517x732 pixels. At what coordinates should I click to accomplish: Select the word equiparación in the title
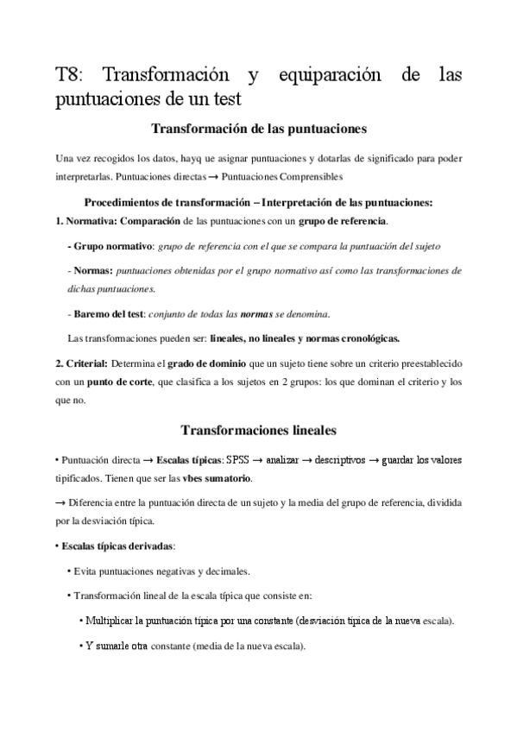pyautogui.click(x=329, y=76)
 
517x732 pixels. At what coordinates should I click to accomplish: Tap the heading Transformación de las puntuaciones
pyautogui.click(x=259, y=129)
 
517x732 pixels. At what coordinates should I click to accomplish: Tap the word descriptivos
pyautogui.click(x=341, y=460)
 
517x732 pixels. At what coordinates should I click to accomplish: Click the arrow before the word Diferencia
pyautogui.click(x=60, y=503)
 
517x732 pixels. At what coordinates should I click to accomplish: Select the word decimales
pyautogui.click(x=227, y=571)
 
